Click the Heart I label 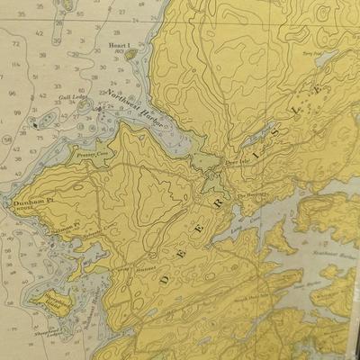click(x=120, y=43)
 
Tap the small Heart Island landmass click(x=131, y=54)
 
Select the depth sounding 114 click(x=15, y=65)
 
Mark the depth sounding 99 click(x=15, y=111)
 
